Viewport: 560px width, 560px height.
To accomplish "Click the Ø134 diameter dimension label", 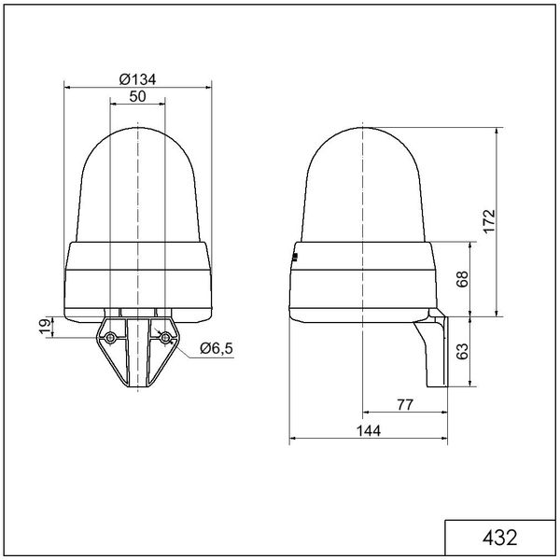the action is point(137,79).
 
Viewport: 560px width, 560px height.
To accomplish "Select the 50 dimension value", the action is point(137,96).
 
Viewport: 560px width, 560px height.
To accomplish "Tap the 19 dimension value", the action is point(46,327).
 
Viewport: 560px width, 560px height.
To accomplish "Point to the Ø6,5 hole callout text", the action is point(217,348).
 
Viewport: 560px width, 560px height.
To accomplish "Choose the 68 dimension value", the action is point(462,279).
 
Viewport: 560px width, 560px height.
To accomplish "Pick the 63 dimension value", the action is point(462,351).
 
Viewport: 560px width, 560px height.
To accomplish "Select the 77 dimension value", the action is point(405,405).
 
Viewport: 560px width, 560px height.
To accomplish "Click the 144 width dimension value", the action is point(369,430).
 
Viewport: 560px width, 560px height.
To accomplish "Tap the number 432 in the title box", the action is point(499,538).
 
